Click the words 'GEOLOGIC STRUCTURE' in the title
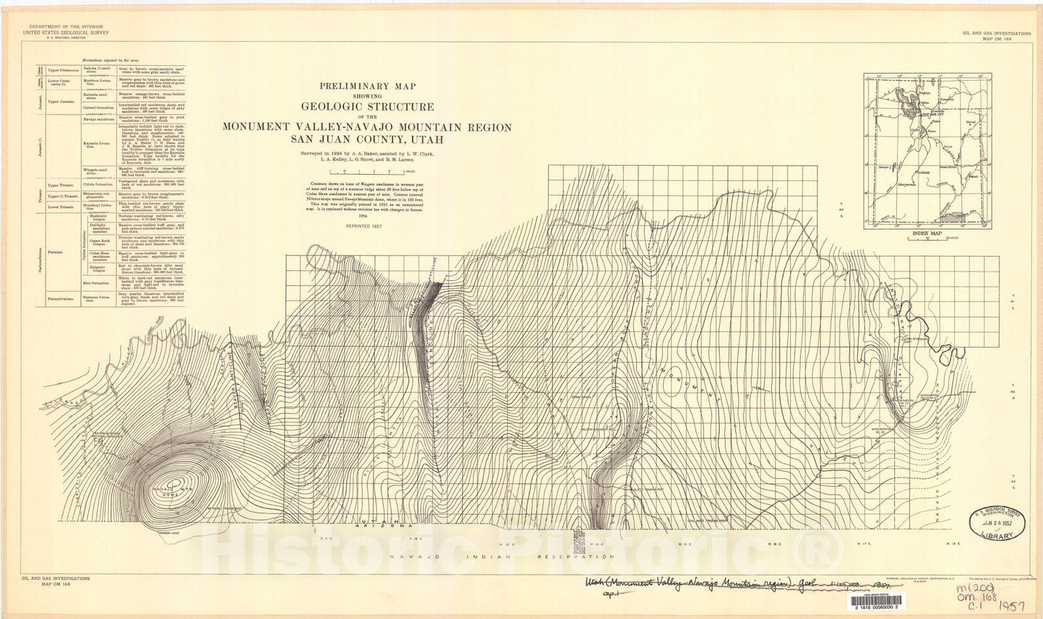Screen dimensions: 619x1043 (x=367, y=106)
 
